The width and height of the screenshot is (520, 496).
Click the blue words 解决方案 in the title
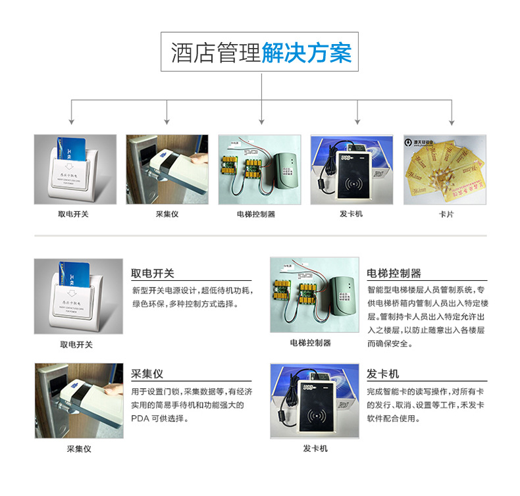click(306, 53)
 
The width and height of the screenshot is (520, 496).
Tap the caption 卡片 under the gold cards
click(445, 214)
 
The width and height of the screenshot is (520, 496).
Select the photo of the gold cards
click(445, 170)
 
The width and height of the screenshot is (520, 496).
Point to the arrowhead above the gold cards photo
click(452, 122)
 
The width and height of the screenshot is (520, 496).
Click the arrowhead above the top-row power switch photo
click(72, 122)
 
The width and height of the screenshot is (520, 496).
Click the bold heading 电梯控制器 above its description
click(394, 273)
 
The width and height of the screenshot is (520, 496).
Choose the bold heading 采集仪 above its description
click(147, 374)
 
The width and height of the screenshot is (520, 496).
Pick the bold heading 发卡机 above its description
click(382, 374)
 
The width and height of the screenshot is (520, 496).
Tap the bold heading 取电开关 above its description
click(153, 273)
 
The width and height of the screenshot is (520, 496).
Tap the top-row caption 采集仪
click(167, 214)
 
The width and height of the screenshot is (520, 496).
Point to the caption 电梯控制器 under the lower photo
click(310, 343)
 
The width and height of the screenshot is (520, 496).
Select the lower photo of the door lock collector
click(79, 401)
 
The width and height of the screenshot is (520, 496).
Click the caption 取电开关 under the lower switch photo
click(76, 344)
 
